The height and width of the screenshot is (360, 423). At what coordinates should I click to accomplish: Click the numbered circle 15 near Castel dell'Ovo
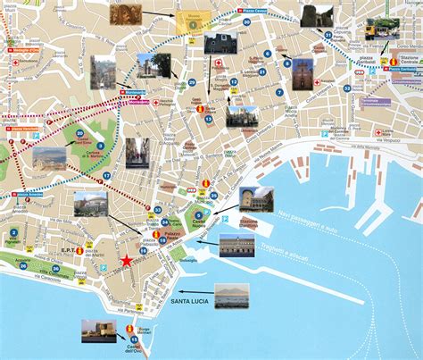(133, 339)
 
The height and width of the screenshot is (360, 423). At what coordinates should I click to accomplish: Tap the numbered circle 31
(328, 36)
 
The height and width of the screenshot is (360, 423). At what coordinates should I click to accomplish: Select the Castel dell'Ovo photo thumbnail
(98, 330)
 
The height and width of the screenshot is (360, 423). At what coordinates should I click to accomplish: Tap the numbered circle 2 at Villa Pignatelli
(12, 236)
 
